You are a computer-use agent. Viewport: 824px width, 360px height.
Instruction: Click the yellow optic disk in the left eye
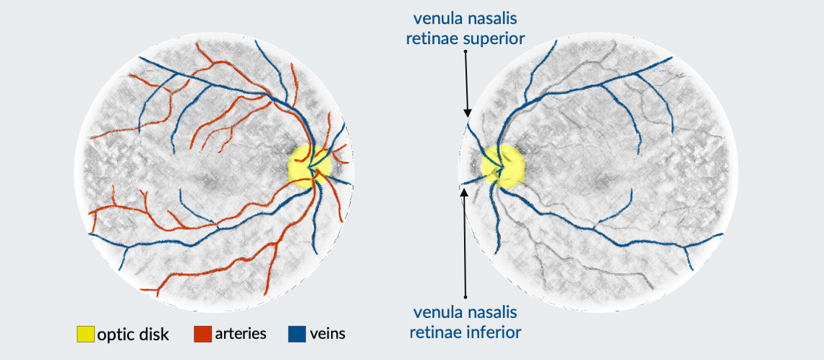click(309, 166)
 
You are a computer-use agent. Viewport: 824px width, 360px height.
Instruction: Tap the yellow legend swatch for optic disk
click(85, 334)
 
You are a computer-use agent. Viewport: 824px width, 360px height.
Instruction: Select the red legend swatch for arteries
click(203, 334)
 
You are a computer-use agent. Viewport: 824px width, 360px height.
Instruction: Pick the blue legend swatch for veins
click(297, 334)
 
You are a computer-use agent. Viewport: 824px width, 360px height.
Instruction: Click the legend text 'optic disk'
click(133, 334)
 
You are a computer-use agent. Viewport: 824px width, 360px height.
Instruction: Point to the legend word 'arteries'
click(240, 333)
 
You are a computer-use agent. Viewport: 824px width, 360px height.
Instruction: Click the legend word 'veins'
click(327, 333)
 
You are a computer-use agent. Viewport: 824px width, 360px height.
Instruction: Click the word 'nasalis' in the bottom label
click(489, 313)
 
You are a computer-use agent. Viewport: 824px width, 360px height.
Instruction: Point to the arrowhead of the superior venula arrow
click(468, 113)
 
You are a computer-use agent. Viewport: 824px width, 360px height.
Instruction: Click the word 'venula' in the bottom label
click(436, 313)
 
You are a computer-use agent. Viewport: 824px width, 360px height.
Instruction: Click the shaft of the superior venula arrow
click(465, 80)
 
